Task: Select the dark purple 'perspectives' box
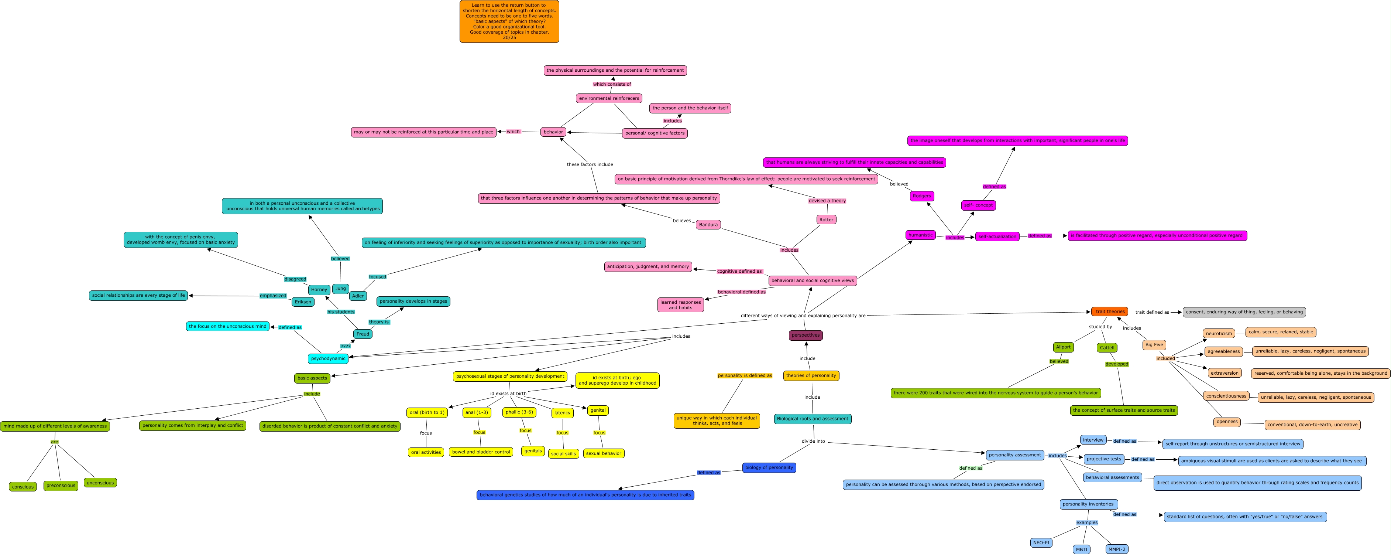(806, 336)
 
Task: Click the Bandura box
(708, 225)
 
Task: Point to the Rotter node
(826, 220)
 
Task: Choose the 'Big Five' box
(1154, 345)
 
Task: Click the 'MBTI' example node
(1082, 549)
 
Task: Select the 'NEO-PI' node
(1041, 542)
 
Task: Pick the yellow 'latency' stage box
(562, 413)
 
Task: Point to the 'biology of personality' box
(769, 467)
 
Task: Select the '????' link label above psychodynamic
(345, 346)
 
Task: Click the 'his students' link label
(341, 312)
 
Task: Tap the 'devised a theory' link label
(827, 201)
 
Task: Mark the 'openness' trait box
(1227, 422)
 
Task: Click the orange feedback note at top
(509, 22)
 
